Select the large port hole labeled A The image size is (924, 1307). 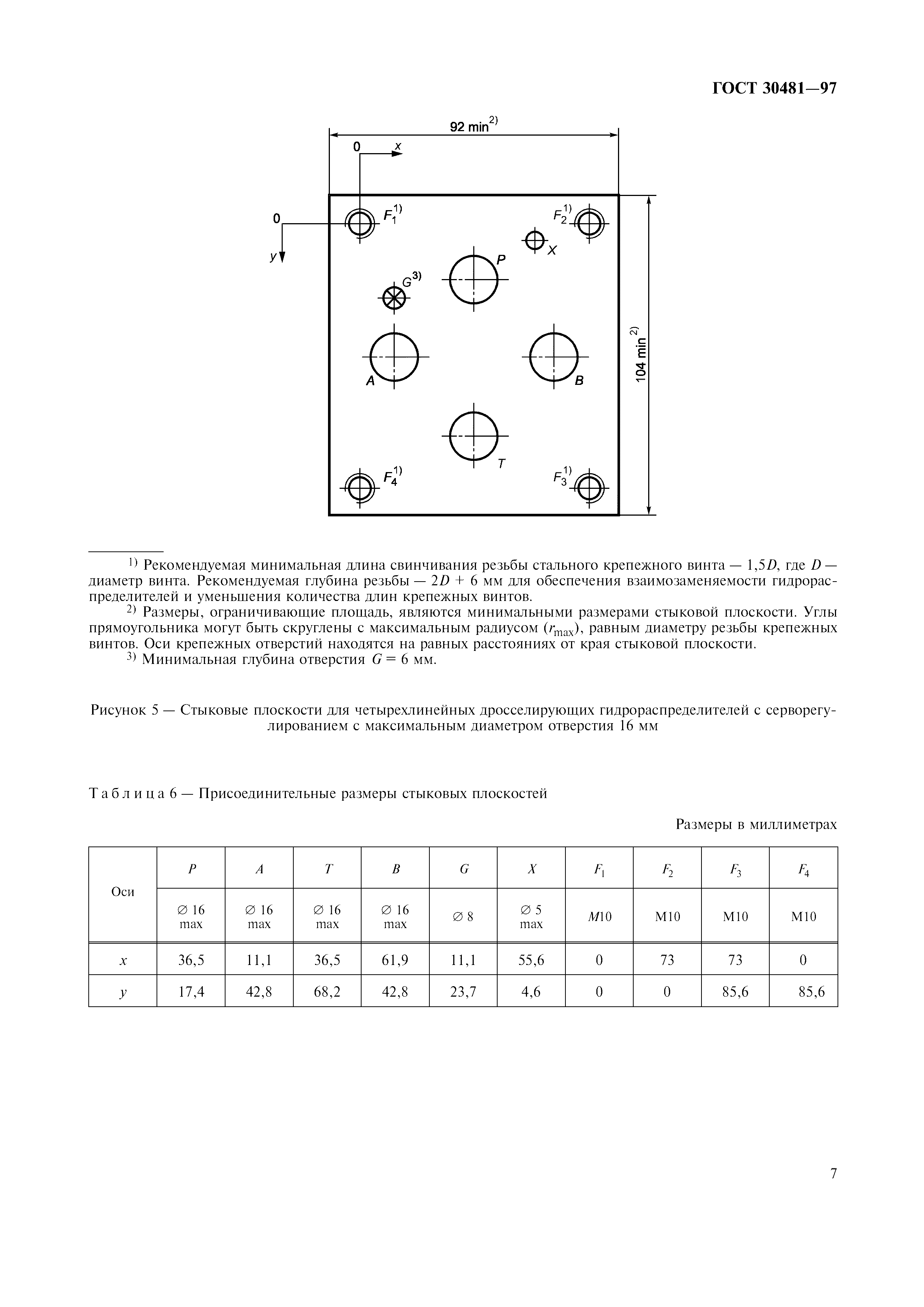point(394,357)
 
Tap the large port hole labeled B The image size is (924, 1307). point(554,357)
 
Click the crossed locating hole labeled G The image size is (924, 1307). point(393,298)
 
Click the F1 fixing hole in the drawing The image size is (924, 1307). point(360,224)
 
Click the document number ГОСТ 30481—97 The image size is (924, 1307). point(774,89)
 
